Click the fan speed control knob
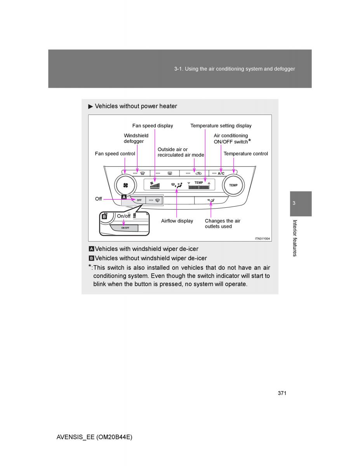tap(125, 185)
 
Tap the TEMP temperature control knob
tap(233, 185)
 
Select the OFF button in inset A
tap(139, 200)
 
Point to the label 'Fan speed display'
tap(153, 126)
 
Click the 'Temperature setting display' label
tap(221, 126)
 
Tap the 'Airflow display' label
tap(177, 221)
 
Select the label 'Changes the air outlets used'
tap(222, 224)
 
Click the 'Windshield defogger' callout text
tap(136, 138)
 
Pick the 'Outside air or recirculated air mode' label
tap(181, 152)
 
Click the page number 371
tap(282, 393)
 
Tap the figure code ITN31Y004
tap(262, 238)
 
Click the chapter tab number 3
tap(294, 203)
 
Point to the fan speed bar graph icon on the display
tap(155, 185)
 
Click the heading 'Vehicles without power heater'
tap(136, 106)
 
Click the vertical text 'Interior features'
tap(295, 238)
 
